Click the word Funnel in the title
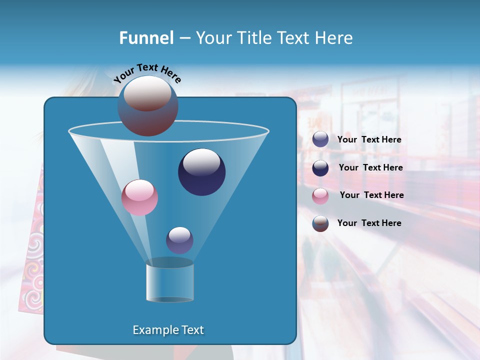tap(146, 38)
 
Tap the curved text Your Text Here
tap(147, 72)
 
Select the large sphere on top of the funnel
tap(148, 106)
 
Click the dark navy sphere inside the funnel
tap(201, 172)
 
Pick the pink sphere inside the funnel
tap(140, 197)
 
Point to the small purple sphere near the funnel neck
tap(179, 240)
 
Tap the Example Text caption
tap(168, 330)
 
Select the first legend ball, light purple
tap(320, 139)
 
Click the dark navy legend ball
tap(320, 168)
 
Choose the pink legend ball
tap(320, 195)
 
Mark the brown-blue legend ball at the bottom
tap(320, 223)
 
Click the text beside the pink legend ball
tap(371, 195)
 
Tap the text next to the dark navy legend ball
tap(370, 167)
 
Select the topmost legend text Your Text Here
tap(369, 139)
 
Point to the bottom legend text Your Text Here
tap(369, 223)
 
